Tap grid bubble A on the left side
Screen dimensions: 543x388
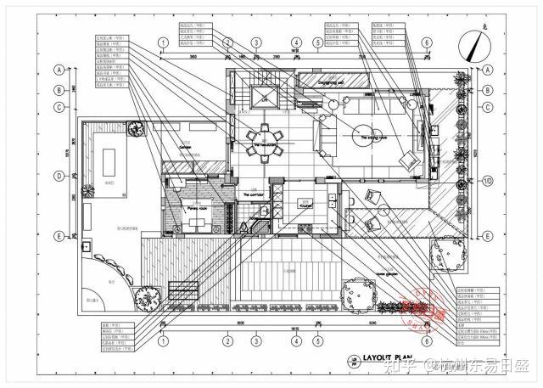(x=59, y=70)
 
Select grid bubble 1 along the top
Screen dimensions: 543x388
(x=162, y=43)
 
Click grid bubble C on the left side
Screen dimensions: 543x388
(x=59, y=107)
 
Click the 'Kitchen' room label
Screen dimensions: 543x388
(x=307, y=205)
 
